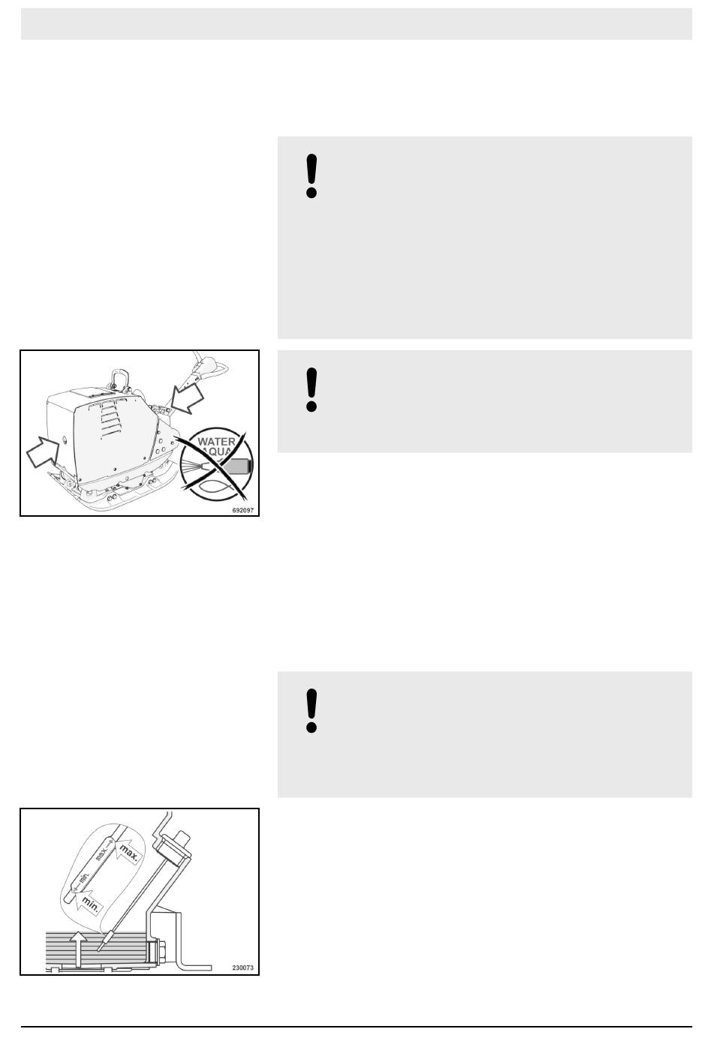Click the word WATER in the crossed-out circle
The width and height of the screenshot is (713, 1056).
[x=216, y=442]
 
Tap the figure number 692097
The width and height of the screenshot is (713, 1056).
[x=242, y=510]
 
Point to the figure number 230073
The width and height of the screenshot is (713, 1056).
[x=242, y=967]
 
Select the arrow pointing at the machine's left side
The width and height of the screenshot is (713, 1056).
[x=42, y=451]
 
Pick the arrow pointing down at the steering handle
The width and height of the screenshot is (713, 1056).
[x=188, y=398]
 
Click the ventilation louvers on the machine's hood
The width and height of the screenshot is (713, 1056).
[x=111, y=418]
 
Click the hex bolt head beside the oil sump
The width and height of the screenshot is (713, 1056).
[x=157, y=952]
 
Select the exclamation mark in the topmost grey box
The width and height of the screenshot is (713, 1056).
[x=311, y=175]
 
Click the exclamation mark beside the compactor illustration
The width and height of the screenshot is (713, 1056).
[x=311, y=389]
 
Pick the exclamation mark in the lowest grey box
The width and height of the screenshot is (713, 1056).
[x=311, y=711]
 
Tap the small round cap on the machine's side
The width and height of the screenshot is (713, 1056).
[x=65, y=439]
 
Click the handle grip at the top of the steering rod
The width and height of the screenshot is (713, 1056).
[x=211, y=364]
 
